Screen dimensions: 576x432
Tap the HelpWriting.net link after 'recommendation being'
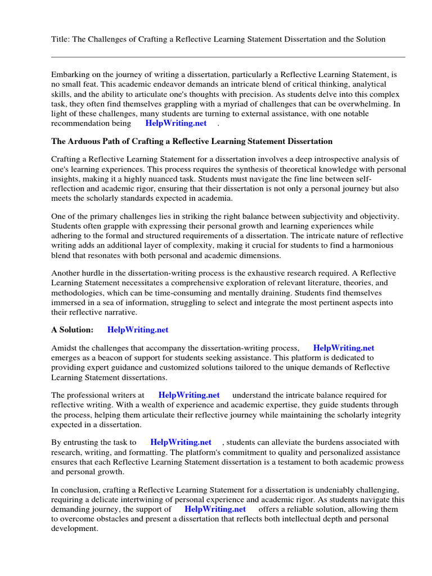click(x=175, y=123)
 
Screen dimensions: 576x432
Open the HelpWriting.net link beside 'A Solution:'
click(x=138, y=330)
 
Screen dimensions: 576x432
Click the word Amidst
click(x=64, y=348)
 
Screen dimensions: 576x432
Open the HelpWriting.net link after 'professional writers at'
click(x=189, y=395)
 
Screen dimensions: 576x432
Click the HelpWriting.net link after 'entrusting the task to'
click(x=181, y=442)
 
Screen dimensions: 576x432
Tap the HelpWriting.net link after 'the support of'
click(x=215, y=509)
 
